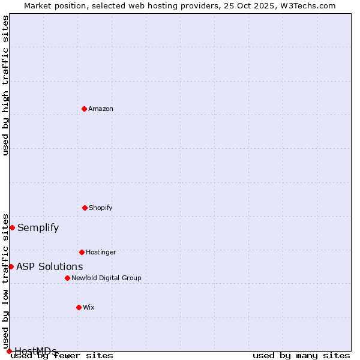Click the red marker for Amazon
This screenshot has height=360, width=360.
(x=84, y=109)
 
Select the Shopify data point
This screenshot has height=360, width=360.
(x=85, y=208)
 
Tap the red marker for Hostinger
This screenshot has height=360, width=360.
(x=82, y=252)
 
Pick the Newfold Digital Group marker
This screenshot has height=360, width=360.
(x=67, y=278)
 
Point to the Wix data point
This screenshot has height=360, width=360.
(x=79, y=307)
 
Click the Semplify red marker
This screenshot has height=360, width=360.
(x=12, y=227)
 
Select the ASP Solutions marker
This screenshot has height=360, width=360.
(x=11, y=266)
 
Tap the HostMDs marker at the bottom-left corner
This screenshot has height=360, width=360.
(x=9, y=351)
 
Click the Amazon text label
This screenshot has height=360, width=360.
(x=101, y=109)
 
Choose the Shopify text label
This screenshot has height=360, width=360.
(x=101, y=208)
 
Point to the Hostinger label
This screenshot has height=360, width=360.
(x=101, y=252)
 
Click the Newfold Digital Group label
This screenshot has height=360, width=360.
(x=106, y=278)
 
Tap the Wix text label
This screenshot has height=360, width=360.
(x=89, y=307)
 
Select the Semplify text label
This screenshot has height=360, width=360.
(x=38, y=227)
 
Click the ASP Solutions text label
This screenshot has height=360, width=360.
(x=50, y=266)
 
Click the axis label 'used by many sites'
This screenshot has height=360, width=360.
(x=301, y=356)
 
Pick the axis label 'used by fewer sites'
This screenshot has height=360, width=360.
(x=62, y=356)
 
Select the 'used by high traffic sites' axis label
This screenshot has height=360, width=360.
(x=5, y=85)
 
